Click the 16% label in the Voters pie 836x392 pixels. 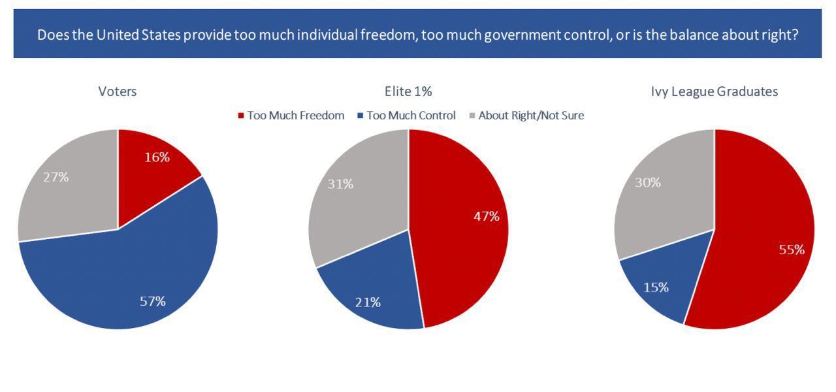click(157, 157)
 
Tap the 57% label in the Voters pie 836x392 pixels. click(153, 301)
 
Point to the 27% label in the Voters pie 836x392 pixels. click(56, 176)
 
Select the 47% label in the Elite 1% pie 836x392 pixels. click(486, 216)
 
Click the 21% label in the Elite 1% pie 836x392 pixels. click(368, 302)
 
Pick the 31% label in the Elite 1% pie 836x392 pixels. click(340, 184)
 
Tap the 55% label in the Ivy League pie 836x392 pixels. click(791, 249)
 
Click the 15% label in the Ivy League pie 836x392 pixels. click(656, 287)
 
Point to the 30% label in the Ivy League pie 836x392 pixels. click(647, 182)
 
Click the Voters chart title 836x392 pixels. click(118, 91)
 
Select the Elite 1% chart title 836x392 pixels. click(408, 91)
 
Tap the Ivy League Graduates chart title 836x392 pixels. click(709, 91)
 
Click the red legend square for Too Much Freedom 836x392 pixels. click(240, 116)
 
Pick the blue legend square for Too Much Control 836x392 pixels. click(360, 116)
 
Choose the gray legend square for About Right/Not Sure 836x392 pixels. click(472, 116)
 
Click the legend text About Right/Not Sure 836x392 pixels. click(531, 116)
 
